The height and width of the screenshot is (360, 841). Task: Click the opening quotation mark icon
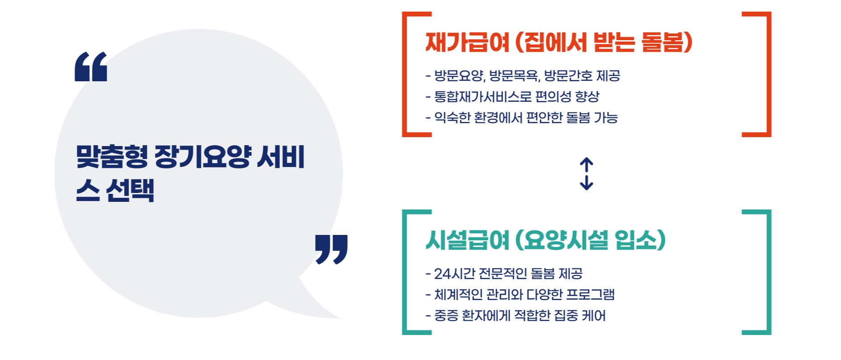coord(91,67)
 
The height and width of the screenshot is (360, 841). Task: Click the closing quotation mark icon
coord(331,249)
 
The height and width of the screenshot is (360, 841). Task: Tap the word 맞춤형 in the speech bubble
coord(112,157)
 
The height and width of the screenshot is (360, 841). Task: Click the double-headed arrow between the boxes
coord(586,174)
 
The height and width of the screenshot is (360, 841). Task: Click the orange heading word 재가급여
coord(467,43)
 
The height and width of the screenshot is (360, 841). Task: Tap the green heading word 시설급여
coord(467,240)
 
